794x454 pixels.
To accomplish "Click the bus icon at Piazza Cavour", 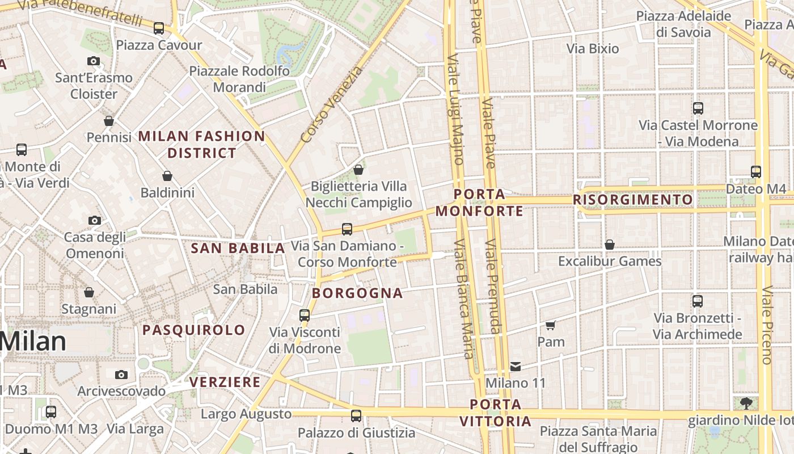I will (x=159, y=28).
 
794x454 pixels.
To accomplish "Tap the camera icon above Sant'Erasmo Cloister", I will (x=94, y=61).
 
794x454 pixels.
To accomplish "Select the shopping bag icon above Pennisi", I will (x=109, y=121).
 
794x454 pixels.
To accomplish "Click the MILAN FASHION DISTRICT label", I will (x=201, y=144).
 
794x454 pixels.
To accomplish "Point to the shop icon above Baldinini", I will (x=167, y=176).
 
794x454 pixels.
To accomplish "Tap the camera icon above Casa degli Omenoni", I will (x=95, y=220).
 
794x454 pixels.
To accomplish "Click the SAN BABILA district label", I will (x=238, y=248).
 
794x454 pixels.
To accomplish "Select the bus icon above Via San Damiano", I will (x=347, y=229).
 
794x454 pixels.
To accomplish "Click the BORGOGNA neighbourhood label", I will (x=357, y=293).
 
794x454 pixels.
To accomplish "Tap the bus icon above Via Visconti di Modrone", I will (x=305, y=315).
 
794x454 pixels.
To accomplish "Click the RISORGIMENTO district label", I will (x=632, y=200).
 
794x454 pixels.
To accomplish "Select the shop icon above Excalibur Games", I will (x=610, y=245).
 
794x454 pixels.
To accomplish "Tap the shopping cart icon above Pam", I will (x=550, y=325).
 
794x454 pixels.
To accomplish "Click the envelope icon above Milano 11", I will (x=516, y=367).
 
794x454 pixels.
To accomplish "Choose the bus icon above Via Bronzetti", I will (x=698, y=301).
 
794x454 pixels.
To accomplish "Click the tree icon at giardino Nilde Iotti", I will (x=746, y=403).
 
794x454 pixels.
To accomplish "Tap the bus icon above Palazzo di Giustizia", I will (x=356, y=416).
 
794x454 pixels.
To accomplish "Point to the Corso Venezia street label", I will (x=331, y=105).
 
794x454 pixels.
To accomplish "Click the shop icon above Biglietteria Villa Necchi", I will (x=358, y=170).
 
